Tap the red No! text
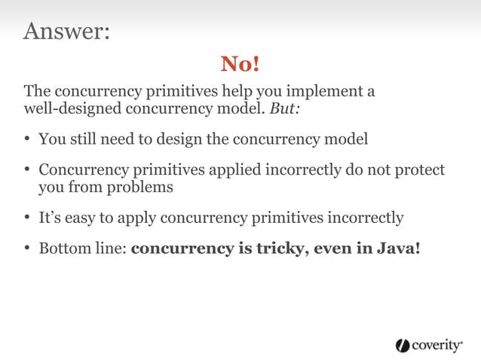240,65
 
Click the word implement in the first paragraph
328,92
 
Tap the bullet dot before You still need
27,140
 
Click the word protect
419,170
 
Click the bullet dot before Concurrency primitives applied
27,171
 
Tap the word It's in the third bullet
50,218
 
